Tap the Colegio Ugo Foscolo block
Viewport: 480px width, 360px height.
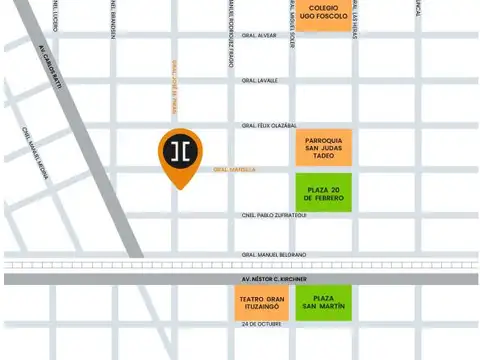[x=323, y=16]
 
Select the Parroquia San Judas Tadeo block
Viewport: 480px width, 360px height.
[x=323, y=147]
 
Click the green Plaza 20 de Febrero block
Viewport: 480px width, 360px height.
[x=323, y=191]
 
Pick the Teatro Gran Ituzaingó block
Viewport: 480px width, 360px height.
[x=262, y=304]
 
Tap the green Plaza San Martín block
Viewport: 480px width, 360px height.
[x=323, y=304]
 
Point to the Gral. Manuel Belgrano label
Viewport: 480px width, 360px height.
[x=273, y=255]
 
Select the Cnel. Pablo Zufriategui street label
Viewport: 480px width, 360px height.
[x=273, y=214]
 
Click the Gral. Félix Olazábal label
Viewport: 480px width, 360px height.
[x=269, y=126]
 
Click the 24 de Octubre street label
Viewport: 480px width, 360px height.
[x=263, y=325]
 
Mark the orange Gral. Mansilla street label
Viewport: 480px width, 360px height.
[x=234, y=170]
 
